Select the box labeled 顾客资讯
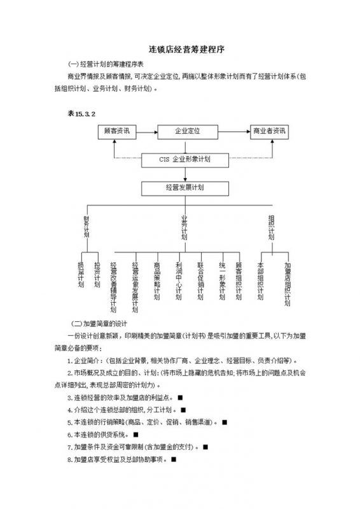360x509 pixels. pos(116,131)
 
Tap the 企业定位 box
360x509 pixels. pos(188,131)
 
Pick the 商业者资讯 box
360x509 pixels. pos(268,131)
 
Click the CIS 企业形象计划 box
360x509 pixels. pos(184,160)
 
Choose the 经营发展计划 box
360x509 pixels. pos(184,188)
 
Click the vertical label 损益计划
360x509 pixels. pos(81,275)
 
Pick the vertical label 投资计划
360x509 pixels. pos(97,275)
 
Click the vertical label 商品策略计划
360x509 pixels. pos(156,280)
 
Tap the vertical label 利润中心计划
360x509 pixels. pos(179,280)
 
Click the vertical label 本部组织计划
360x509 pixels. pos(261,280)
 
